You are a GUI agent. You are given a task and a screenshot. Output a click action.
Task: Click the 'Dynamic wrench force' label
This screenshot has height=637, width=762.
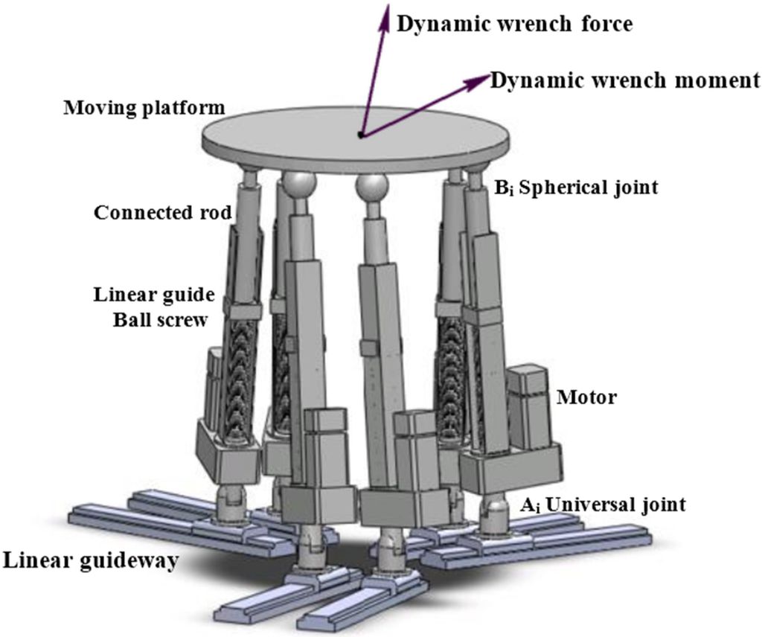tap(514, 24)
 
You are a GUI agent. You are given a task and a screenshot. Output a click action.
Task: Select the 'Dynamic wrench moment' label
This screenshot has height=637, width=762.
tap(625, 80)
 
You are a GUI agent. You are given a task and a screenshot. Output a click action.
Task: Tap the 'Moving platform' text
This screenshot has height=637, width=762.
tap(144, 109)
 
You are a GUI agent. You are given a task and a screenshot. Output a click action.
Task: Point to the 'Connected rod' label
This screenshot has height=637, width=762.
tap(163, 213)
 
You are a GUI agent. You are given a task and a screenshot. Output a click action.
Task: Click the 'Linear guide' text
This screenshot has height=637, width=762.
tap(154, 295)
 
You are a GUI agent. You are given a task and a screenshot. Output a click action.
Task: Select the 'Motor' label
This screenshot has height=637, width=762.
tap(587, 397)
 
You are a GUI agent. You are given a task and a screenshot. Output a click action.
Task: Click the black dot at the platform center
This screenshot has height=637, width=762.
tap(361, 135)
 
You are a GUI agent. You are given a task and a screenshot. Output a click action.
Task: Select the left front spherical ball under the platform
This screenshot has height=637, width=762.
tap(298, 185)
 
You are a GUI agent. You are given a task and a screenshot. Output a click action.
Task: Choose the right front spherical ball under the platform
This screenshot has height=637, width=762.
tap(371, 186)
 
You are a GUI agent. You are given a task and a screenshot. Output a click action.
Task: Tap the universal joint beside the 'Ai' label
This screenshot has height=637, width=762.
tap(493, 514)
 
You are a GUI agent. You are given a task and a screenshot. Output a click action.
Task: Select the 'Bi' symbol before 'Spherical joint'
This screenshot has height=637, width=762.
tap(503, 188)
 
